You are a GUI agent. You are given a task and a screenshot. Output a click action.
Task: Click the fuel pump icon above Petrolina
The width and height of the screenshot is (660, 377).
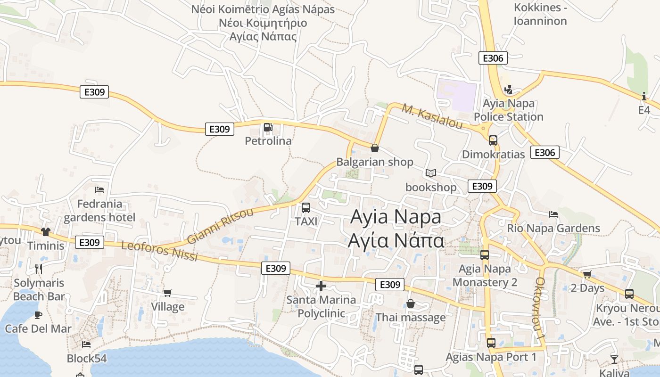coord(268,127)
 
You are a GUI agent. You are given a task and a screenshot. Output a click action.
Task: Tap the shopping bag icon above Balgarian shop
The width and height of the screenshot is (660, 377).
coord(375,148)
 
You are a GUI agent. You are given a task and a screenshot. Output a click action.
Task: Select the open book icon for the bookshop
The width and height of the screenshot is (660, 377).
coord(431,173)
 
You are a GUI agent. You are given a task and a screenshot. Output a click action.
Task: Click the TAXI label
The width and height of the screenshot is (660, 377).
coord(306,221)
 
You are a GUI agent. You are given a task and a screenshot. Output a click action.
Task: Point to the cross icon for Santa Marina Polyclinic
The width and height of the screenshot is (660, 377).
coord(321,286)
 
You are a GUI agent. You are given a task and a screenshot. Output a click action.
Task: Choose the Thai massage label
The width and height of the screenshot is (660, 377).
coord(410,317)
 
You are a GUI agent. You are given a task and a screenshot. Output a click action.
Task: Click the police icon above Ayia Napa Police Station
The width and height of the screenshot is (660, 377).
coord(508,89)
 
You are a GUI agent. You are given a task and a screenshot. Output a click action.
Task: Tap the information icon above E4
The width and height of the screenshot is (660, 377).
coord(644,96)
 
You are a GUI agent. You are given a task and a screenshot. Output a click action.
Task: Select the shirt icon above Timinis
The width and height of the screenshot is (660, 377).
coord(45,231)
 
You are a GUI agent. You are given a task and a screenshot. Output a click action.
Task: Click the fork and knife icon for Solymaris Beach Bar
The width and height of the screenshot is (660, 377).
coord(39,269)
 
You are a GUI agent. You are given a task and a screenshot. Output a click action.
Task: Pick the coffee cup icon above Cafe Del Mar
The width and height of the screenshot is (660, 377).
coord(38,314)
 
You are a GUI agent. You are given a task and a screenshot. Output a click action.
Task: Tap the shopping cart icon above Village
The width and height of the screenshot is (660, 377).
coord(167,293)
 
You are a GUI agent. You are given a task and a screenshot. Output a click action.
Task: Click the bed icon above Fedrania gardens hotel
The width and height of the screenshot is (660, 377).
coord(99,189)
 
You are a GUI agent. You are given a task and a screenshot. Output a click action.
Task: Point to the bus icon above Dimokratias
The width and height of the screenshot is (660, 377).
coord(493,140)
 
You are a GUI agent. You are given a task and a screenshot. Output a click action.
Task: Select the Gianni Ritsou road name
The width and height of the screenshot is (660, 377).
coord(220,226)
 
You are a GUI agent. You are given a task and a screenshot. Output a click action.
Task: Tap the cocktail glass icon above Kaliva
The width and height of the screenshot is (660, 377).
coord(614,360)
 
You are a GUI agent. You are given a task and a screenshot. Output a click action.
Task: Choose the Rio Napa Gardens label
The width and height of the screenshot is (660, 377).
coord(553,228)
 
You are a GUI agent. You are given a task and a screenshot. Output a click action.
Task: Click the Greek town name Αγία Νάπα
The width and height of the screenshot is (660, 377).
coord(396,240)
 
